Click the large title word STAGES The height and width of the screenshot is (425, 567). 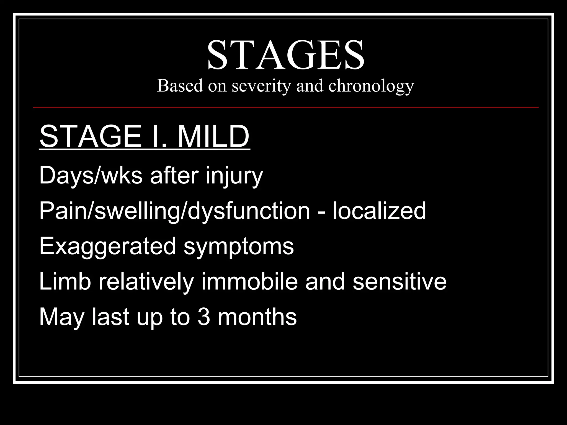point(285,55)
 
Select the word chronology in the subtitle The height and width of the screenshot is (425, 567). point(371,86)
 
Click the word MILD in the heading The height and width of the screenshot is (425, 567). point(213,137)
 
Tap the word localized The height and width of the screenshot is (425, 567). point(379,211)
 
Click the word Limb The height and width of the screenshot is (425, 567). point(65,282)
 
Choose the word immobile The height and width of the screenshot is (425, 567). point(249,282)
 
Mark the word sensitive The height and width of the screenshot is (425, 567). point(400,282)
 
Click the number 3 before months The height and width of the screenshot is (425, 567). point(204,317)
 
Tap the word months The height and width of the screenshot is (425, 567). point(257,317)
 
